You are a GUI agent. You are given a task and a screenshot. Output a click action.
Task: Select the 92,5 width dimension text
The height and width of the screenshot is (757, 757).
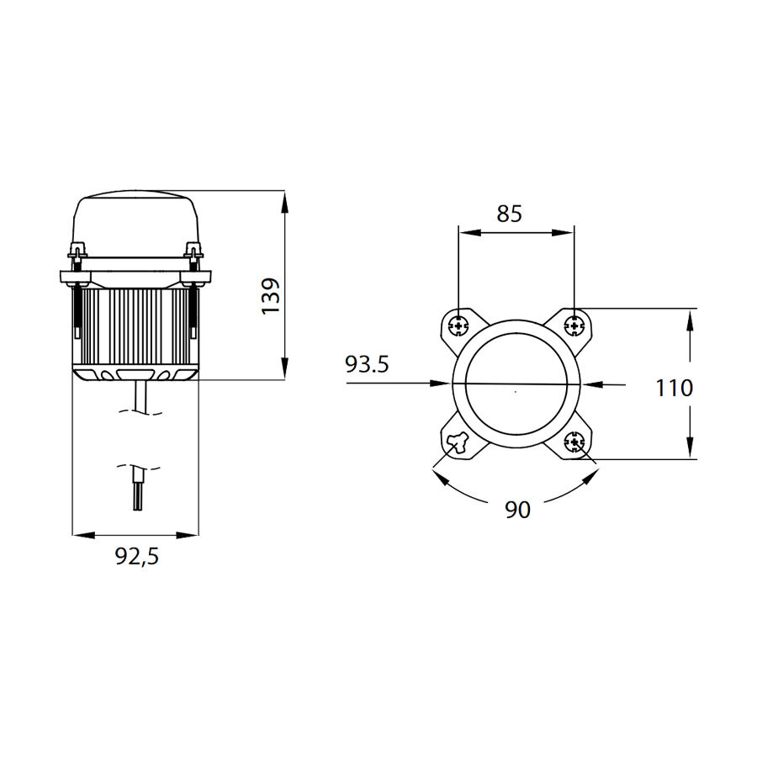(x=137, y=556)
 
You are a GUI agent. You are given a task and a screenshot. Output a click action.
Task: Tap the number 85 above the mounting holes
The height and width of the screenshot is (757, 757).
(x=509, y=214)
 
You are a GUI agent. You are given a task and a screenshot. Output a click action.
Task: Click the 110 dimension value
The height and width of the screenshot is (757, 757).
(x=675, y=388)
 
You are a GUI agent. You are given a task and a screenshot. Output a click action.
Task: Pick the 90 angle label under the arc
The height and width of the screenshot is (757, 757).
(x=518, y=510)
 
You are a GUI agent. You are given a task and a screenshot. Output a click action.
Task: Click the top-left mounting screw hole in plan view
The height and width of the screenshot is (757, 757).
(x=458, y=324)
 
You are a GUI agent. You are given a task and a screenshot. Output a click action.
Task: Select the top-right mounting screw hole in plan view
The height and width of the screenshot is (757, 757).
(x=574, y=324)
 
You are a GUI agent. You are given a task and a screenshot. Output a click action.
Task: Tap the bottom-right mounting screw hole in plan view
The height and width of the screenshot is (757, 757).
(x=575, y=442)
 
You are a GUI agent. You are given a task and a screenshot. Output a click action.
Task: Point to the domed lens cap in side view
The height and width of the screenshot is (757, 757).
(x=137, y=222)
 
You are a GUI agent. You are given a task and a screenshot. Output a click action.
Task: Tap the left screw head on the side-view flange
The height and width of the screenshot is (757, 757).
(x=77, y=251)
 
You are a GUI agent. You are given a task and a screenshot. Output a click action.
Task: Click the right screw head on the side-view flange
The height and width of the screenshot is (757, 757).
(x=193, y=251)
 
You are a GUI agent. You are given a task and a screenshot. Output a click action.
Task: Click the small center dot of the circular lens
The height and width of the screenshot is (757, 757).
(x=516, y=391)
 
